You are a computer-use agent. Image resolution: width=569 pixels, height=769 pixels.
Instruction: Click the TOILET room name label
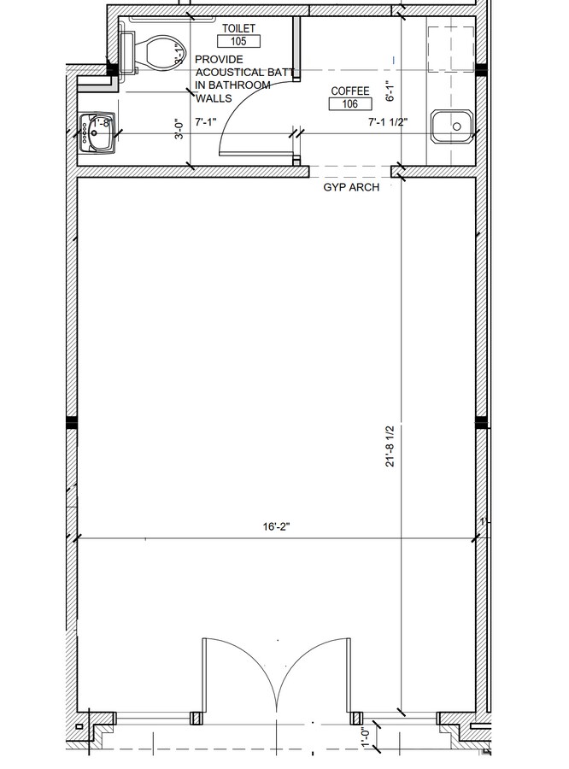238,28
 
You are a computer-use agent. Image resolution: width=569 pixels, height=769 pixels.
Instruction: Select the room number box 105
238,40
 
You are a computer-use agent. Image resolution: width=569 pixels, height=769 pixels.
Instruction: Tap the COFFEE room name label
350,91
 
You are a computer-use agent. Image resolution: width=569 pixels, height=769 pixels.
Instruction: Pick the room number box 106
350,104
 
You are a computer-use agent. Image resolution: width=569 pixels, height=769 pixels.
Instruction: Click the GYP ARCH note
350,187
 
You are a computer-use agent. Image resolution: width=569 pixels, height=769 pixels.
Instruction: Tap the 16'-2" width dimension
277,527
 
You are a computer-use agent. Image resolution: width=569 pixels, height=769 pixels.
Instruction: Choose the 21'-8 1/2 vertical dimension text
391,446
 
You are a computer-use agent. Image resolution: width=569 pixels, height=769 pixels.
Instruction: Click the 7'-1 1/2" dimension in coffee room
388,122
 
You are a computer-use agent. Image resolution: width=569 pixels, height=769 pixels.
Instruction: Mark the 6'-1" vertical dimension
389,90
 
